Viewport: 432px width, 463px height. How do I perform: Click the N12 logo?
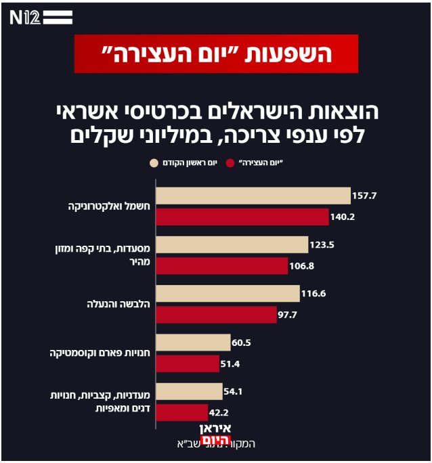(x=41, y=18)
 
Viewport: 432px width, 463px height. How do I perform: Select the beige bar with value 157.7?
(x=253, y=196)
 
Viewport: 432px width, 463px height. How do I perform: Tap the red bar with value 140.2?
(x=242, y=217)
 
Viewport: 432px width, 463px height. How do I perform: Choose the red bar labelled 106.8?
(x=222, y=266)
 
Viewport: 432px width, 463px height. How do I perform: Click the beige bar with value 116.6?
(x=228, y=293)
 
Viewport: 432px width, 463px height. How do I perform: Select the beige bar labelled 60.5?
(x=193, y=343)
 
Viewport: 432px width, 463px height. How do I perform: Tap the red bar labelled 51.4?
(x=188, y=363)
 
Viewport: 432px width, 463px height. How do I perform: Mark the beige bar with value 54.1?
(x=189, y=391)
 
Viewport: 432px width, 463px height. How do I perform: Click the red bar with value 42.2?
(x=182, y=412)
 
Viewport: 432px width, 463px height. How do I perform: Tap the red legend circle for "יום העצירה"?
(x=231, y=163)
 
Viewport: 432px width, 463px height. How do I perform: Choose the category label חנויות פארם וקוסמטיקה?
(x=100, y=353)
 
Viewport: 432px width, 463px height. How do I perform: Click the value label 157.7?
(x=364, y=196)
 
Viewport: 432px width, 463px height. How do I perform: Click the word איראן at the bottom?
(x=217, y=428)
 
